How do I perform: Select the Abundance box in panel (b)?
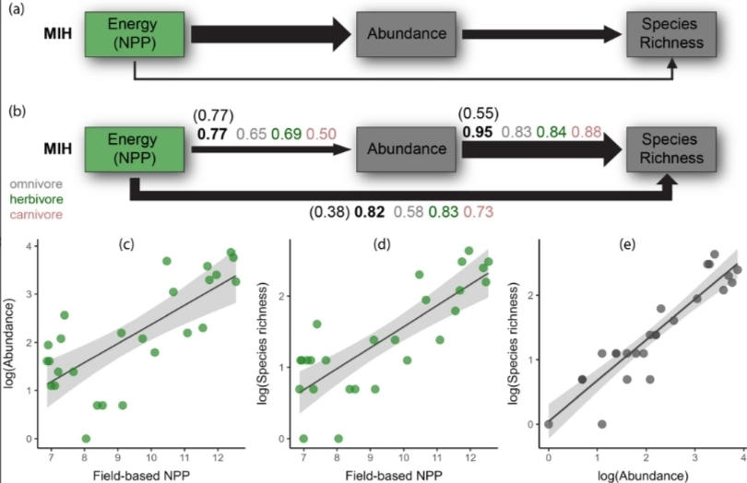point(408,148)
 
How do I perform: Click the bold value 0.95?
point(476,132)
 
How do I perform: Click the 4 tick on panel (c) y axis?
point(29,245)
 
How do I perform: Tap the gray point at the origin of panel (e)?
point(549,424)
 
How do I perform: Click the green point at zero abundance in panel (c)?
point(86,439)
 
